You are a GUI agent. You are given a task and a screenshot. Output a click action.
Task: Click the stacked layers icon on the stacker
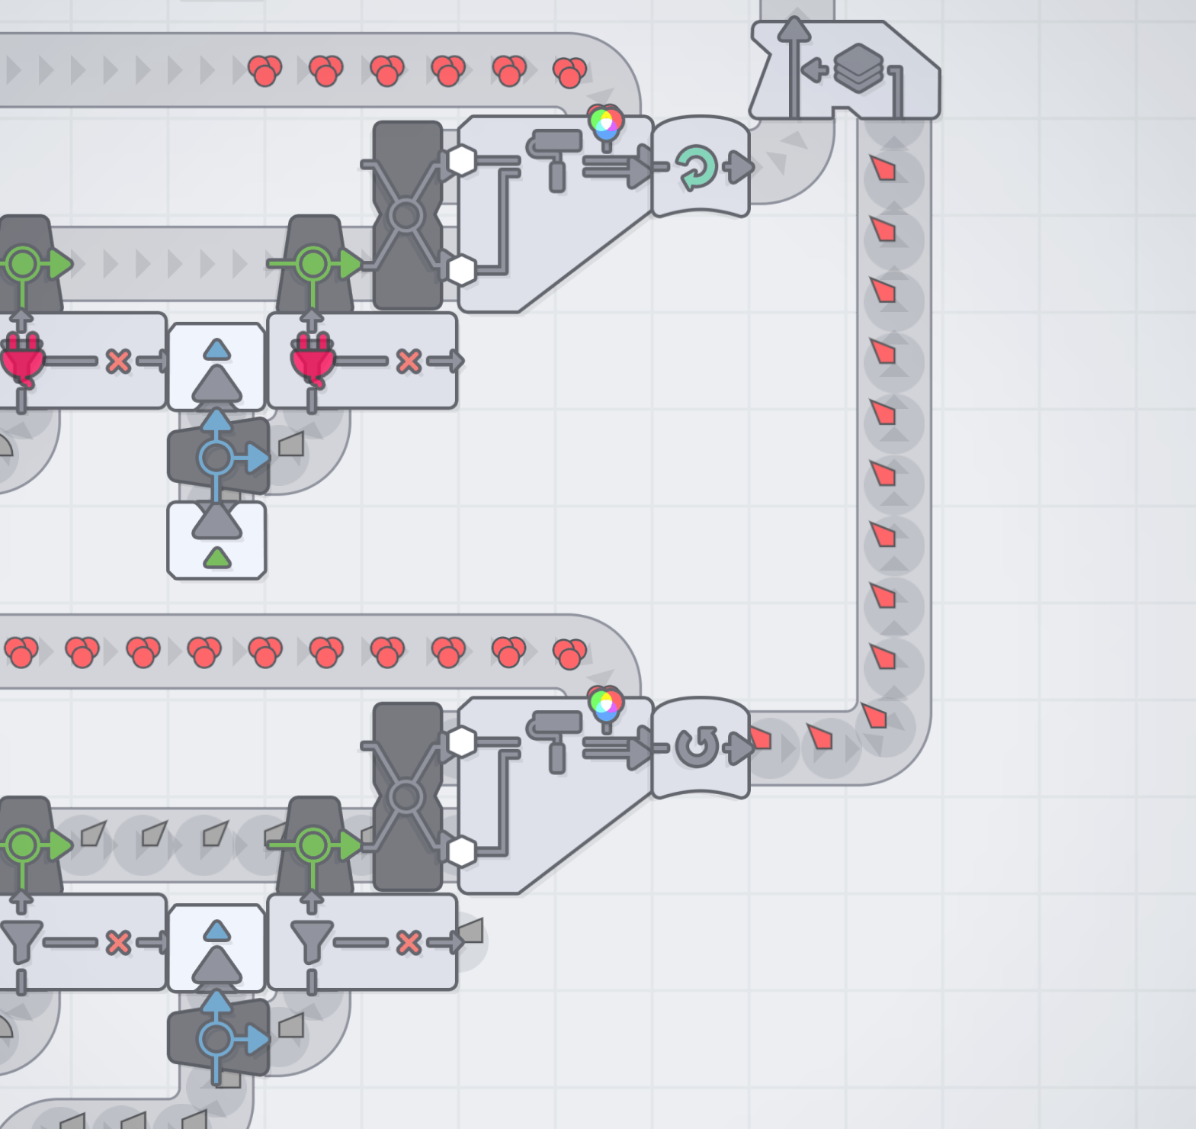(858, 68)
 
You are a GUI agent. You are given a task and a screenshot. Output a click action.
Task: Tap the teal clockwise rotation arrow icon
(696, 168)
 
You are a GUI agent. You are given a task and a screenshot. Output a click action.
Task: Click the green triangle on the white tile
(217, 558)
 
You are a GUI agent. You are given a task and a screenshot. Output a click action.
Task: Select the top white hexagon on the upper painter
(461, 160)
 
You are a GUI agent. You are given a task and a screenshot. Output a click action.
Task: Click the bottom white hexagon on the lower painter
(461, 851)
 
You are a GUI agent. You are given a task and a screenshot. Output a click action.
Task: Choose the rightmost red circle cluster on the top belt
(569, 72)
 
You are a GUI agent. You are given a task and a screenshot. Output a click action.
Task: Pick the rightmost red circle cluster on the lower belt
(569, 654)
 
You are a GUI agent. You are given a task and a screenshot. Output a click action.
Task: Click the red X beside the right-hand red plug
(409, 361)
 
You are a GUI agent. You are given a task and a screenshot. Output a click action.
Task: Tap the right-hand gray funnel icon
(312, 941)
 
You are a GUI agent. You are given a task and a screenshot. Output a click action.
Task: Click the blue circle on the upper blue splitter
(216, 458)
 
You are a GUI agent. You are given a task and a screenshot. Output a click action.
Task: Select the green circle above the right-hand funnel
(313, 845)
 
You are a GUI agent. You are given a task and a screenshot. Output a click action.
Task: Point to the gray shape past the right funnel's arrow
(470, 931)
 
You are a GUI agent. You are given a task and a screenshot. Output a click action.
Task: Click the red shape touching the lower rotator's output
(761, 738)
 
